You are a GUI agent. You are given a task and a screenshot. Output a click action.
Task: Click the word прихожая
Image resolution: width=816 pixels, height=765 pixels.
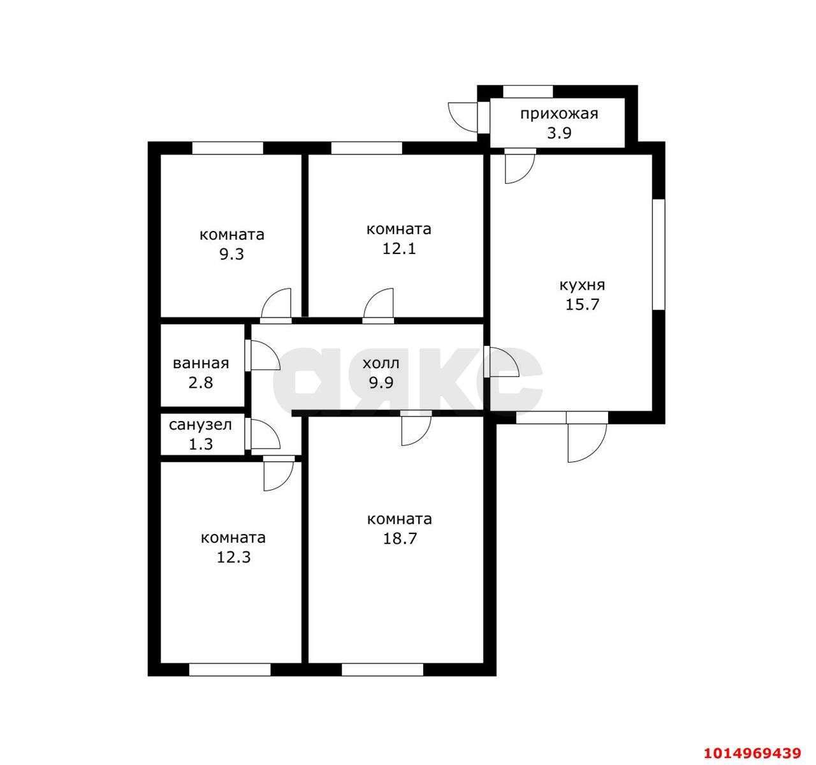coord(559,114)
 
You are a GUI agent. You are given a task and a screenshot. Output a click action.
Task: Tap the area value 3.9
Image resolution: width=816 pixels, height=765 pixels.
coord(559,133)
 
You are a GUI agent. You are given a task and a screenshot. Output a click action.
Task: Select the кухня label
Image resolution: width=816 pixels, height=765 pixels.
coord(582,285)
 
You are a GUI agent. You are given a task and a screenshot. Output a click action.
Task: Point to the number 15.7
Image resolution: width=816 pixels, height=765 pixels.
coord(582,304)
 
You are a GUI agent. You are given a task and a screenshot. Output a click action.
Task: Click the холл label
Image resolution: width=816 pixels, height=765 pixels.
coord(381,363)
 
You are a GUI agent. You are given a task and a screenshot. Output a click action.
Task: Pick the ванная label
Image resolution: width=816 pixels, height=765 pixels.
coord(201,363)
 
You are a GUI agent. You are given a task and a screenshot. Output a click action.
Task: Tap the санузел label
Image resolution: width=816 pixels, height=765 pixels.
coord(201,425)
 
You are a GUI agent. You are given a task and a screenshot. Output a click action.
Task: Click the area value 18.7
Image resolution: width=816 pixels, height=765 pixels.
coord(400,538)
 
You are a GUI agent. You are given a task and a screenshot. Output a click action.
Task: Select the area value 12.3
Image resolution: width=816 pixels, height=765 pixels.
coord(233,557)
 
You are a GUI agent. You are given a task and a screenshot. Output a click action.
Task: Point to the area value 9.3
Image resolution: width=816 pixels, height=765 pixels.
coord(232,254)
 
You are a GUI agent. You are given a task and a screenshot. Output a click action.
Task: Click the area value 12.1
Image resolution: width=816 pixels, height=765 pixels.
coord(399,248)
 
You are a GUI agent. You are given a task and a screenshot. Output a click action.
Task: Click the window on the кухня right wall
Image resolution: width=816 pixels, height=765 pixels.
coord(659,255)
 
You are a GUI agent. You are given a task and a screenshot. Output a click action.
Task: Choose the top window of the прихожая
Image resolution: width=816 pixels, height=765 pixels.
coord(528,91)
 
